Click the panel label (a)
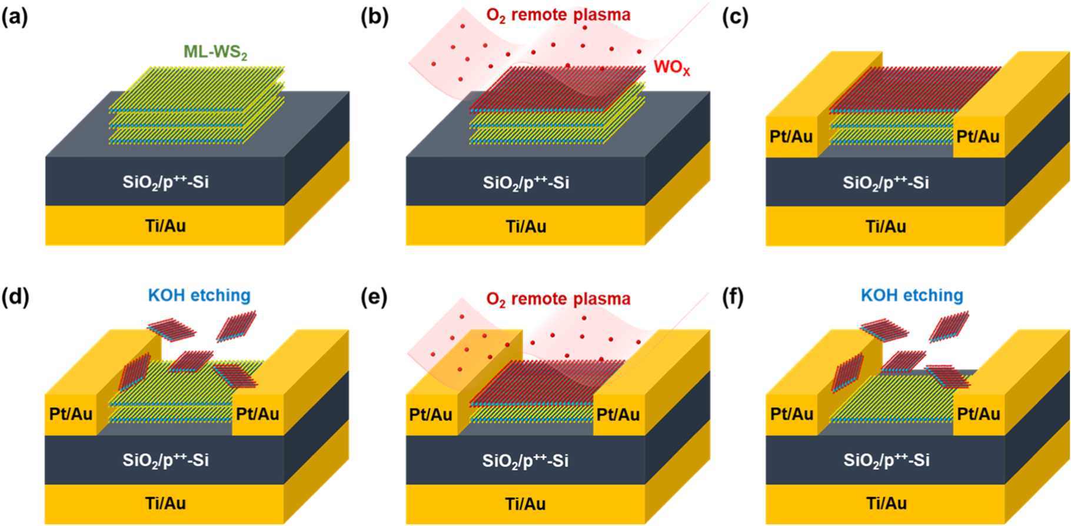pyautogui.click(x=15, y=18)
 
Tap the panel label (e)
pyautogui.click(x=374, y=298)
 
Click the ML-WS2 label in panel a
pyautogui.click(x=215, y=52)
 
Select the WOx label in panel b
pyautogui.click(x=671, y=68)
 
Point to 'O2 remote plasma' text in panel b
pyautogui.click(x=558, y=15)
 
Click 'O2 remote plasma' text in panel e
pyautogui.click(x=558, y=299)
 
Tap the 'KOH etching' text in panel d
pyautogui.click(x=199, y=295)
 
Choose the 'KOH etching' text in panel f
pyautogui.click(x=912, y=295)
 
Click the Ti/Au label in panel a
pyautogui.click(x=165, y=225)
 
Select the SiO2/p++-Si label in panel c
pyautogui.click(x=886, y=183)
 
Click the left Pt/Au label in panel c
pyautogui.click(x=791, y=137)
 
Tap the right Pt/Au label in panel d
pyautogui.click(x=257, y=414)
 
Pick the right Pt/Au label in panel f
pyautogui.click(x=978, y=414)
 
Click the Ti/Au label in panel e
pyautogui.click(x=525, y=504)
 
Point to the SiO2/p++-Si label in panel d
pyautogui.click(x=165, y=460)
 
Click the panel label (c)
pyautogui.click(x=735, y=18)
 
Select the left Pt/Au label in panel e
pyautogui.click(x=431, y=414)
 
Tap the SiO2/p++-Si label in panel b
pyautogui.click(x=525, y=183)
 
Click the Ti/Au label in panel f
pyautogui.click(x=886, y=504)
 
